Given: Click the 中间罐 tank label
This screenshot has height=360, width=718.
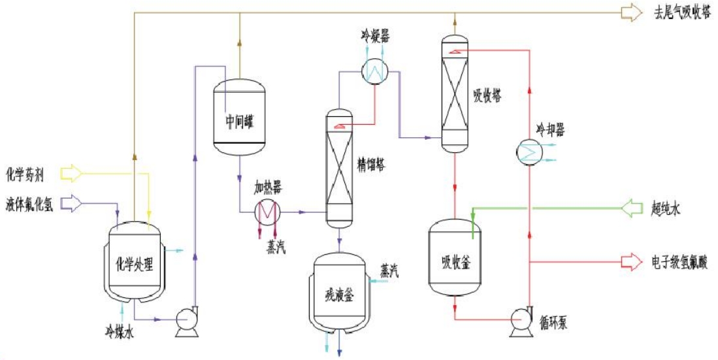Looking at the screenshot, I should (239, 122).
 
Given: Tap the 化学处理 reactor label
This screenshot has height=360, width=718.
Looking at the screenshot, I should (134, 265).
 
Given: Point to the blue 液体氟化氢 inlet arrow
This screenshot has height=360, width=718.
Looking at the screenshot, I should (71, 204).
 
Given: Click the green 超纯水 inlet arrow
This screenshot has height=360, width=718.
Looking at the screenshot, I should (632, 208).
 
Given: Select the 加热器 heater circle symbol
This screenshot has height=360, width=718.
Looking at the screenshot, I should (267, 212).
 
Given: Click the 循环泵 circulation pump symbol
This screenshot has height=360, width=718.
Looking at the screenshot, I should (522, 321).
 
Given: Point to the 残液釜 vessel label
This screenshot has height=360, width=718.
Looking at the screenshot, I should (339, 295).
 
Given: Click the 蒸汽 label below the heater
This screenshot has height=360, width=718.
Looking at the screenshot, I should (275, 246).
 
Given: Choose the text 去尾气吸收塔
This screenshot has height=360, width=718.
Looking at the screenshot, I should (683, 12).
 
